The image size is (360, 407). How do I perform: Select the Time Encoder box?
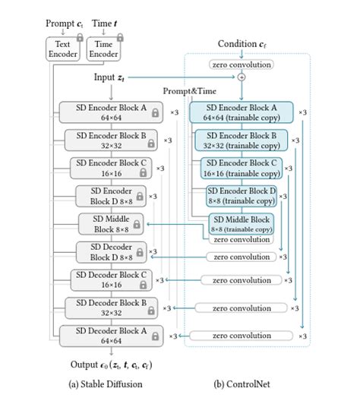103,49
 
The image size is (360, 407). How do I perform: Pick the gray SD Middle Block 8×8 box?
111,223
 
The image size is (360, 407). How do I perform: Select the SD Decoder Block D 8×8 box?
111,251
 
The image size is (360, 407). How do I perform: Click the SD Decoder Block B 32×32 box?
111,307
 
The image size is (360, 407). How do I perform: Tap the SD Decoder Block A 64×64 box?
111,336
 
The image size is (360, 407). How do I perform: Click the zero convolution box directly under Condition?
242,65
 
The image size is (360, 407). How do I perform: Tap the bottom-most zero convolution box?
242,336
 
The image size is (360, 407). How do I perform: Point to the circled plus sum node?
242,77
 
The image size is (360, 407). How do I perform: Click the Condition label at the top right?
242,45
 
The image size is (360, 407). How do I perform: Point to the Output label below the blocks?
111,364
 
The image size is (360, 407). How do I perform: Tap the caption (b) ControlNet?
242,384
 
